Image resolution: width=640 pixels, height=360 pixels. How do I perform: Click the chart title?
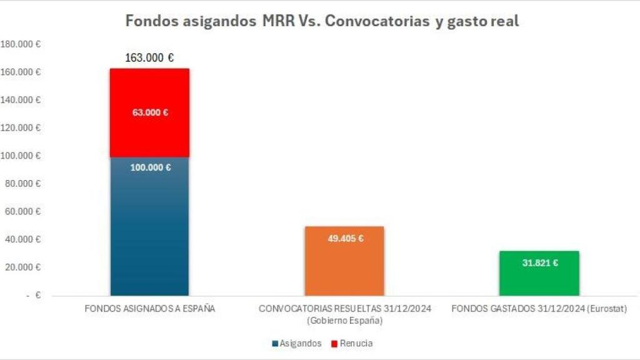click(322, 21)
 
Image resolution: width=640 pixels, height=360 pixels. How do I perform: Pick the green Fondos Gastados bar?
click(539, 278)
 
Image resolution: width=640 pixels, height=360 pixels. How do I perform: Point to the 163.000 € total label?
click(149, 58)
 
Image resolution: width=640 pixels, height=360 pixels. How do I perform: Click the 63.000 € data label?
click(150, 113)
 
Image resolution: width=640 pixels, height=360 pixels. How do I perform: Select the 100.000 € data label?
click(150, 167)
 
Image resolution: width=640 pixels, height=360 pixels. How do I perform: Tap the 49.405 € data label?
click(345, 238)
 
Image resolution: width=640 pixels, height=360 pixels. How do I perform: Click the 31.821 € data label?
click(539, 263)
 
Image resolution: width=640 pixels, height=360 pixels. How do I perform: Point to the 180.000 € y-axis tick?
click(21, 45)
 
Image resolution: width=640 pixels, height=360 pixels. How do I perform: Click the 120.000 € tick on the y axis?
click(21, 128)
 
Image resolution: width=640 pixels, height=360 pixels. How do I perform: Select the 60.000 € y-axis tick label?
click(23, 212)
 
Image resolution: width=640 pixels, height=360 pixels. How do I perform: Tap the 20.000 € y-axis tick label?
click(23, 267)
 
